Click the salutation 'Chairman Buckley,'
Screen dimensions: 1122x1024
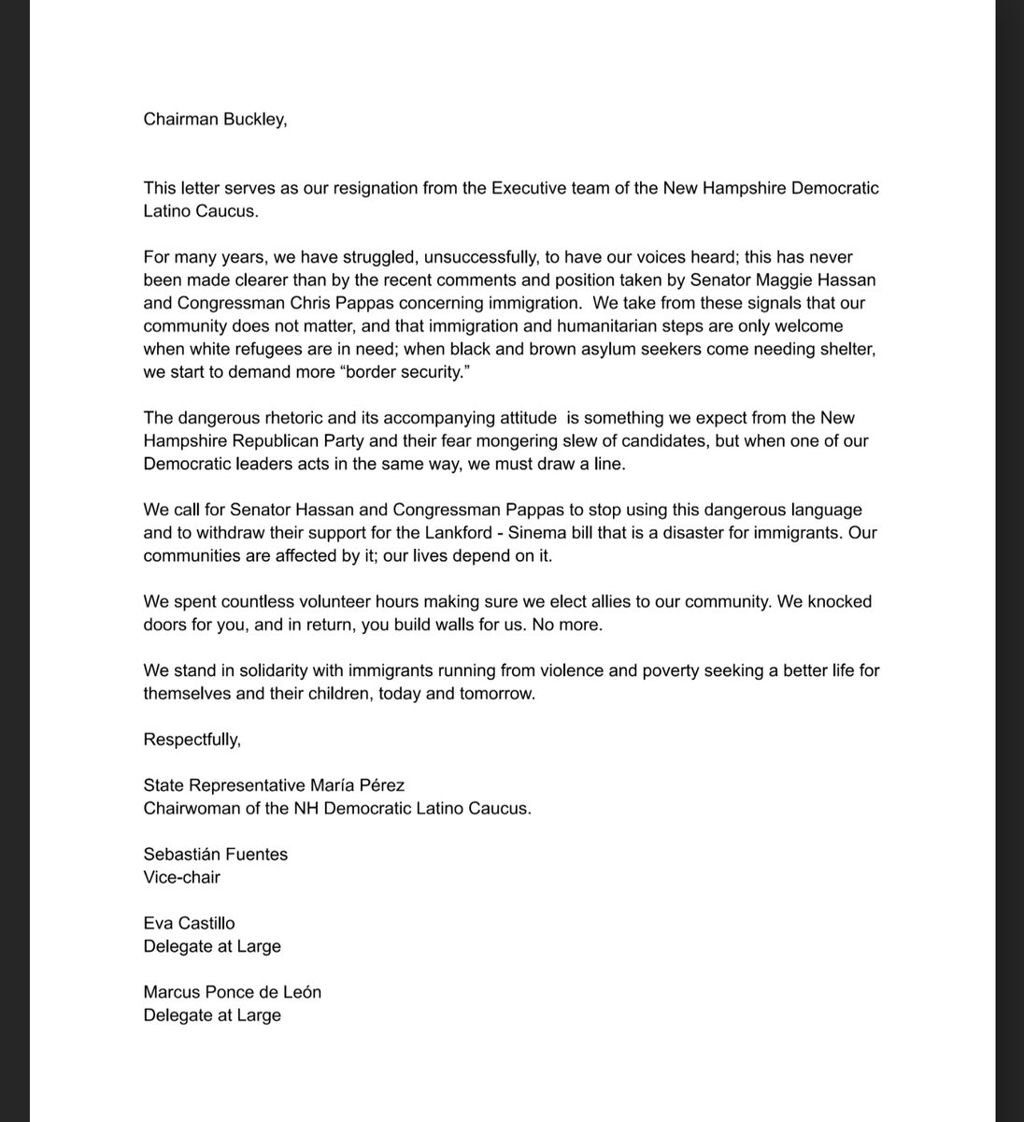[216, 119]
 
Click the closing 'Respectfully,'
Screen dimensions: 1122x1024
[192, 740]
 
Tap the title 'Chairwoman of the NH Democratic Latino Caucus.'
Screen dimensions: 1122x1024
[337, 809]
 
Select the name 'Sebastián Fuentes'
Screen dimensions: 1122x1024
[216, 854]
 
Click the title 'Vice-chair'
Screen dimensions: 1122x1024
[181, 877]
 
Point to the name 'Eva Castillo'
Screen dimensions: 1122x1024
[189, 923]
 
